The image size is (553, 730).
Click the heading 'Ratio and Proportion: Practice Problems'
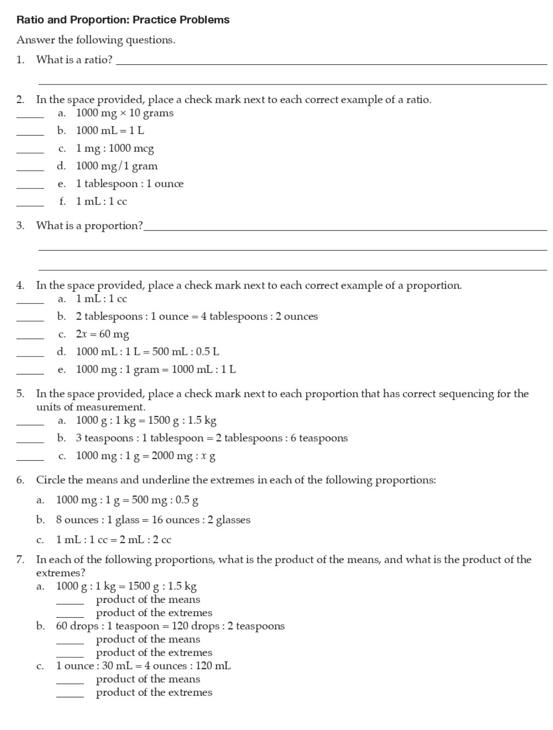coord(123,20)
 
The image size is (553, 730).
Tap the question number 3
coord(20,226)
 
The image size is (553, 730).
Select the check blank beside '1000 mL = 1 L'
coord(30,134)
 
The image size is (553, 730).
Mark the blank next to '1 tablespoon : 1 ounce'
coord(30,187)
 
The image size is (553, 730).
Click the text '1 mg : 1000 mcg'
coord(115,148)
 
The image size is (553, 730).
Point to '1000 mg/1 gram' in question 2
coord(117,166)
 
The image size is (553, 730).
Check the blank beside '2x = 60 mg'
coord(30,337)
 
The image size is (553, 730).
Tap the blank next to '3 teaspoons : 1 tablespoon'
coord(30,442)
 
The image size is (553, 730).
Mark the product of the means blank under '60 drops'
coord(70,643)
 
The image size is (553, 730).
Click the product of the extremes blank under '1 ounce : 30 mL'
coord(70,696)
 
